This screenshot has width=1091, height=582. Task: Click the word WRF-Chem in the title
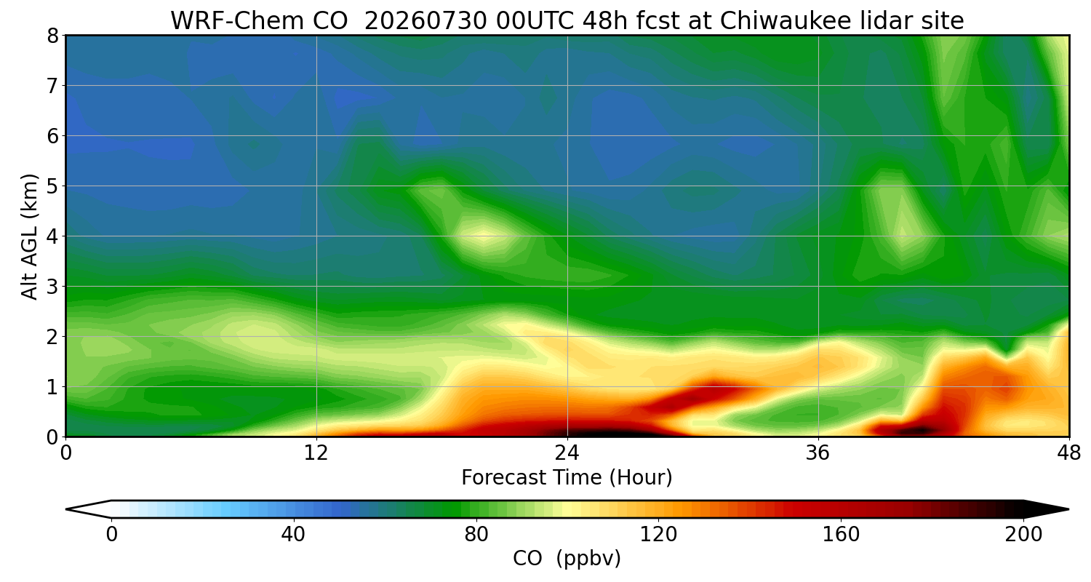[x=259, y=21]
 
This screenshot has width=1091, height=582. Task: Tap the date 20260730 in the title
[x=425, y=21]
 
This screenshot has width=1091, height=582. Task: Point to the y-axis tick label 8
[x=52, y=36]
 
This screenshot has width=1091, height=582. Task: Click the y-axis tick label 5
[x=52, y=186]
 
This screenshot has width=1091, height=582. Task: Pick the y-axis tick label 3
[x=52, y=287]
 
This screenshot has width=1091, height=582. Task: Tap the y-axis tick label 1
[x=52, y=388]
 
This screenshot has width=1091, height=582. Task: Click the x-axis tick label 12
[x=316, y=453]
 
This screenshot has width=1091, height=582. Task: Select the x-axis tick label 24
[x=567, y=453]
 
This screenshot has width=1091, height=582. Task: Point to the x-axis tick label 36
[x=818, y=453]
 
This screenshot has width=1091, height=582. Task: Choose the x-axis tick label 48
[x=1068, y=453]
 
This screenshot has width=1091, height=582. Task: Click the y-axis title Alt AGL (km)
[x=30, y=236]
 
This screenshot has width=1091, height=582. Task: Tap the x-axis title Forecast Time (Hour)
[x=567, y=478]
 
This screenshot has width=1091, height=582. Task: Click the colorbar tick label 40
[x=293, y=535]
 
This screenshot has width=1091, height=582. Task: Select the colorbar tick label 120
[x=658, y=535]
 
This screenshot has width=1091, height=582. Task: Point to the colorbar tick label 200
[x=1023, y=535]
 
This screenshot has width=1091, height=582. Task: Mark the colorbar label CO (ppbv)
[x=567, y=559]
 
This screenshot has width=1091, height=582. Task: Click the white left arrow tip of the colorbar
[x=67, y=509]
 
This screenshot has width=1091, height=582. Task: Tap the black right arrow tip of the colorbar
[x=1068, y=509]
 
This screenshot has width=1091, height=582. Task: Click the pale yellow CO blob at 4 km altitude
[x=482, y=237]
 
